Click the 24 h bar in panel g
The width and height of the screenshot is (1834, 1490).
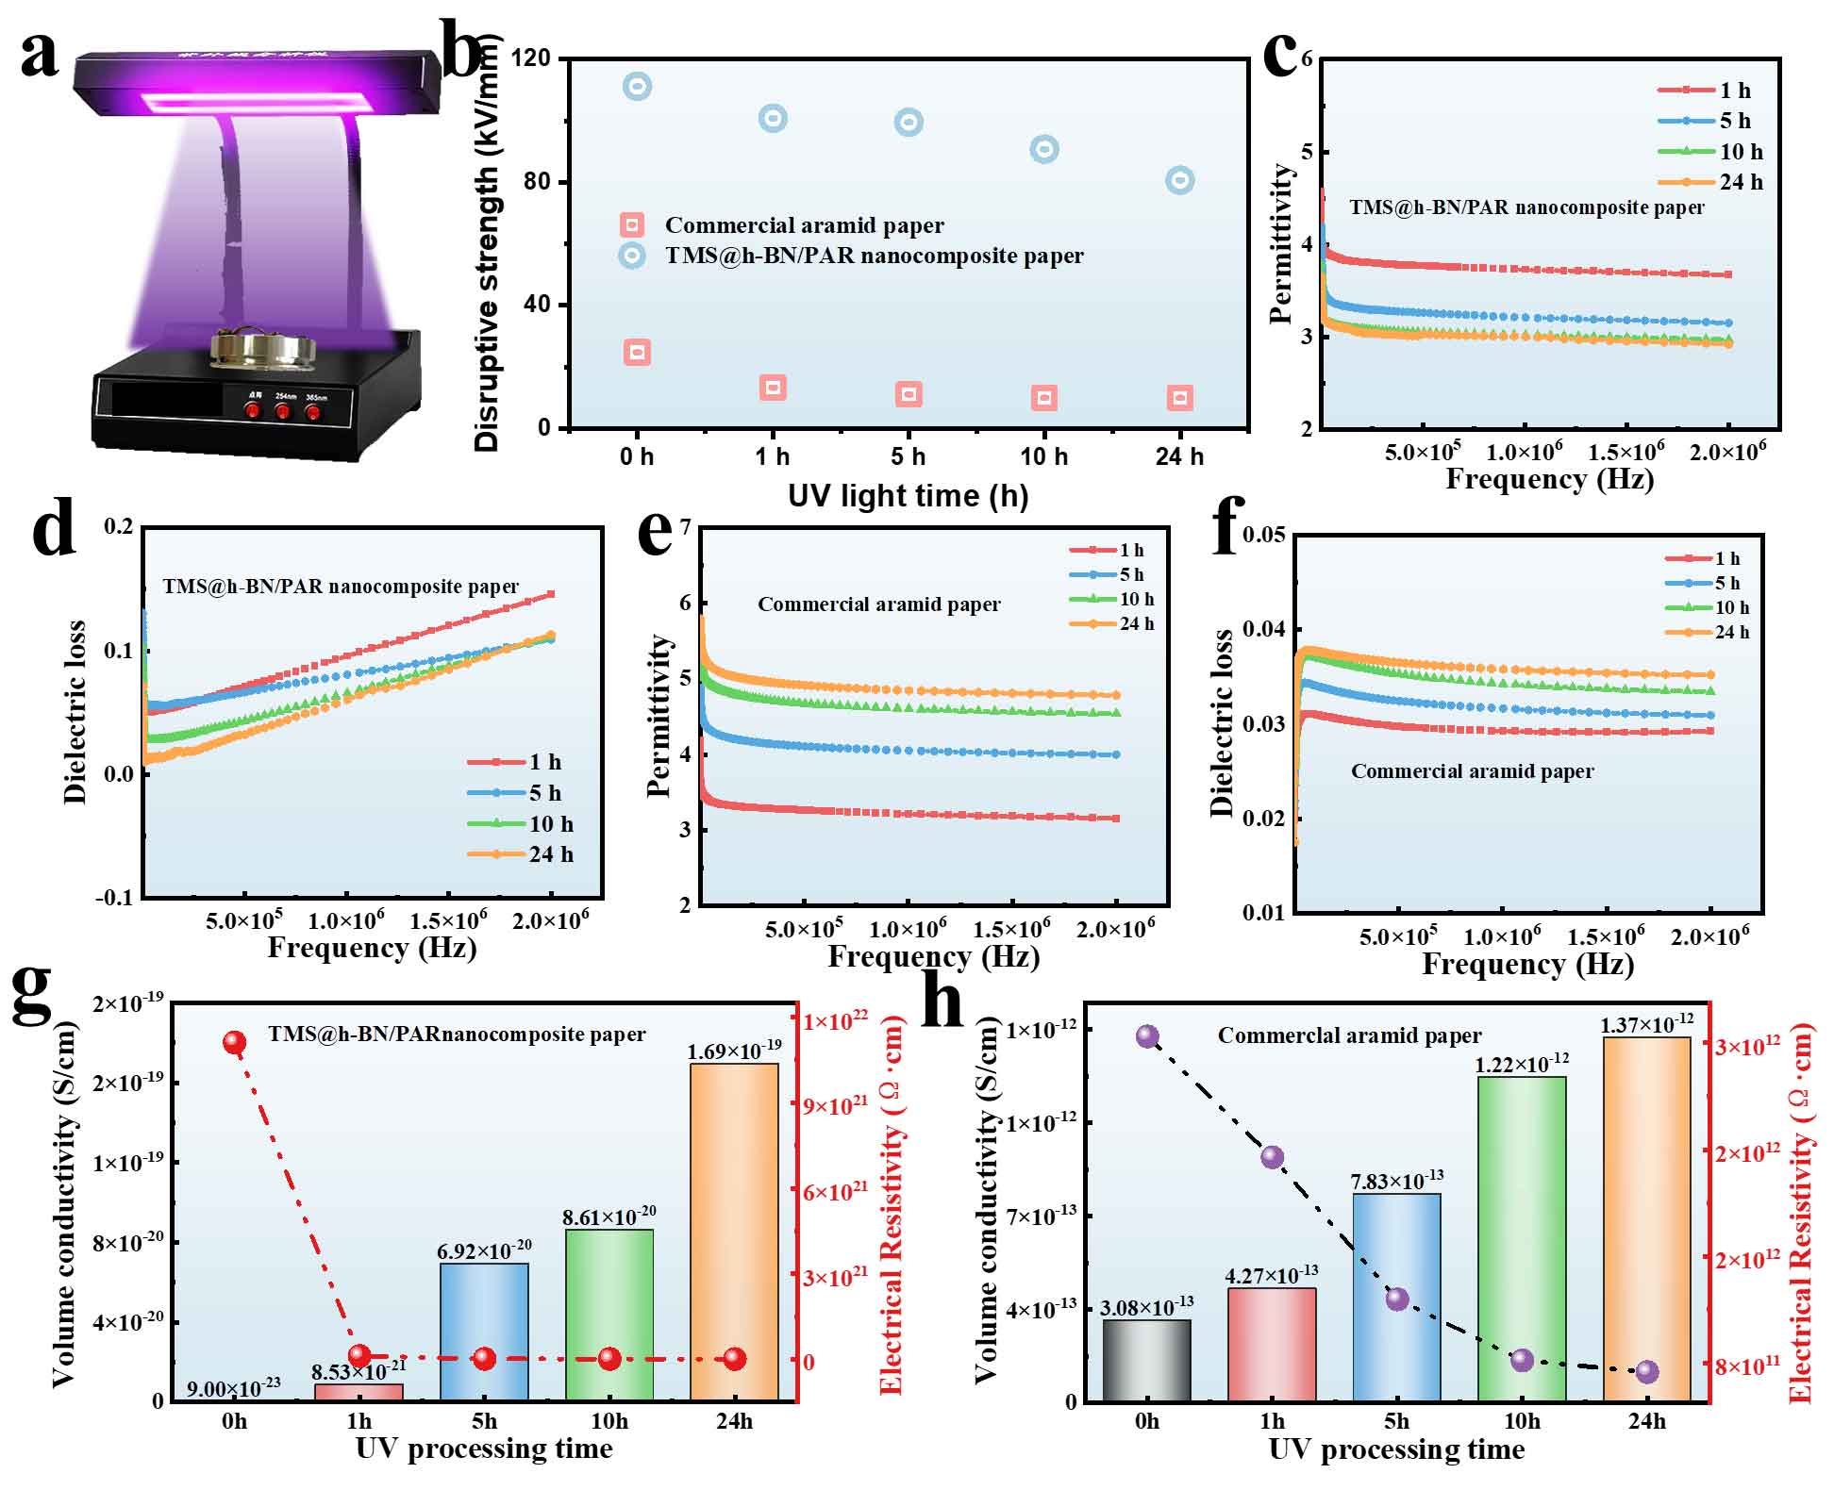pos(734,1231)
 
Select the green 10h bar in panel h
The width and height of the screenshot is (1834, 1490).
pos(1522,1237)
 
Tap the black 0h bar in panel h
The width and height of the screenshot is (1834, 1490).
pos(1146,1360)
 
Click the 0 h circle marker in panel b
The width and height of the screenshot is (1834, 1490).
pos(638,87)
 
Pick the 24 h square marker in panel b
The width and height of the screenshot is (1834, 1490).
pos(1179,398)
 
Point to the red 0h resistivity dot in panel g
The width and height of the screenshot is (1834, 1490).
pos(234,1042)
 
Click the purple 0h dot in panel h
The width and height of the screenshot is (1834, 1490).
pos(1147,1036)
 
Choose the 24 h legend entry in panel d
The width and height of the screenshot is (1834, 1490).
pos(520,854)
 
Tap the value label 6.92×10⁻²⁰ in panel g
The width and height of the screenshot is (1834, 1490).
pos(484,1251)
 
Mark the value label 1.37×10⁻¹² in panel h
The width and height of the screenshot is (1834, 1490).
pos(1646,1024)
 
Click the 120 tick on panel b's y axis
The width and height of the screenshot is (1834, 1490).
pos(531,58)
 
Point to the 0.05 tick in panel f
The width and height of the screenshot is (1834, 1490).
pos(1264,535)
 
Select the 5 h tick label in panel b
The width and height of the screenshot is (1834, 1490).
pos(908,457)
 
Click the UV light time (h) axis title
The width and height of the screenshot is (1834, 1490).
pos(908,496)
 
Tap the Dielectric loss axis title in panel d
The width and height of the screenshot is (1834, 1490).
pos(75,712)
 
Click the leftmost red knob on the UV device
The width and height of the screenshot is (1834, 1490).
pos(253,409)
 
